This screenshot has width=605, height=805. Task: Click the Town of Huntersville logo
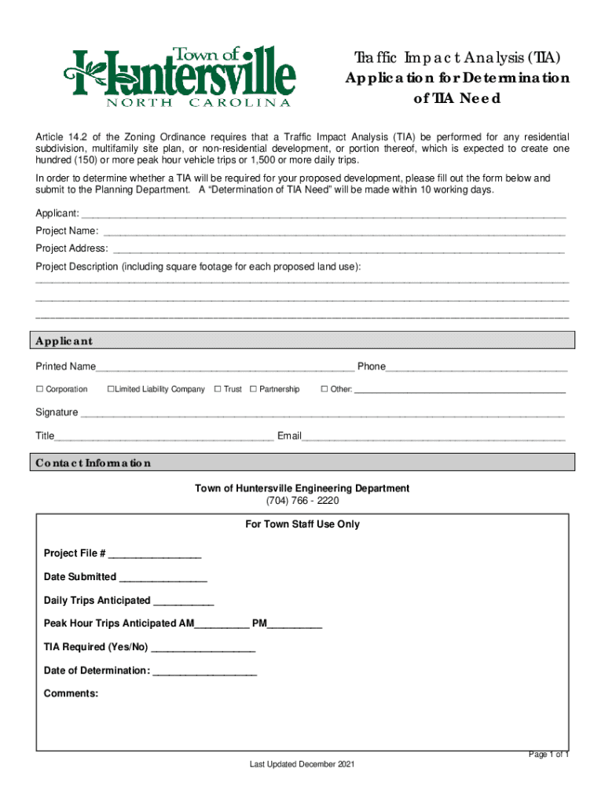coord(180,76)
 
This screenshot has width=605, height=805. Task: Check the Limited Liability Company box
coord(111,389)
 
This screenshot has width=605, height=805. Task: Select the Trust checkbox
coord(217,389)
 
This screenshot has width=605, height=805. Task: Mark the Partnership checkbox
coord(253,389)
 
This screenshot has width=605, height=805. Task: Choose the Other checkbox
coord(324,389)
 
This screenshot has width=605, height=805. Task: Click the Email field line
coord(434,438)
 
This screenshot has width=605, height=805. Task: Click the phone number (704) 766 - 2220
coord(302,501)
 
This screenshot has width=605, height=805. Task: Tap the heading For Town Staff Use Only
coord(302,524)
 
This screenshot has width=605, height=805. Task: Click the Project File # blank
coord(156,556)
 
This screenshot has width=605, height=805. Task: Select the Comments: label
coord(71,693)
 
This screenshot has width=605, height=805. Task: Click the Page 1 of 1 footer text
coord(548,755)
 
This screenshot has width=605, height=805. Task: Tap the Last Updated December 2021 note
coord(302,765)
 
